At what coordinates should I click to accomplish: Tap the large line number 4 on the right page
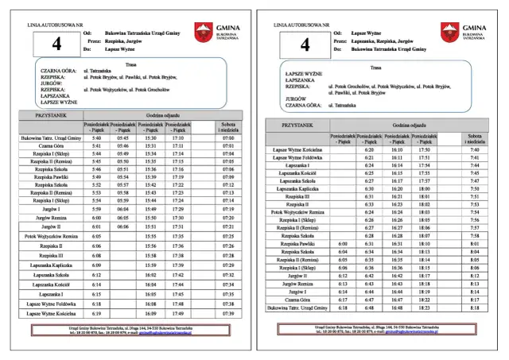tap(305, 45)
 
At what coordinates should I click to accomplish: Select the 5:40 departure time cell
tap(96, 137)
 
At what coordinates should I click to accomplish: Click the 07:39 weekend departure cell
tap(228, 314)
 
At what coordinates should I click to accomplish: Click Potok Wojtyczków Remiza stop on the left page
tap(50, 236)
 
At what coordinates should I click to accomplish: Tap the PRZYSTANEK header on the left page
tap(50, 115)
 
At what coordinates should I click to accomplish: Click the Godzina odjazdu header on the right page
tap(411, 126)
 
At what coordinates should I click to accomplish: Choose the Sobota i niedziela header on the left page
tap(228, 126)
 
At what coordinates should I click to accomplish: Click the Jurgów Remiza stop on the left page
tap(50, 217)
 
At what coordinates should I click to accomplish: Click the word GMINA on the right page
tap(474, 27)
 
